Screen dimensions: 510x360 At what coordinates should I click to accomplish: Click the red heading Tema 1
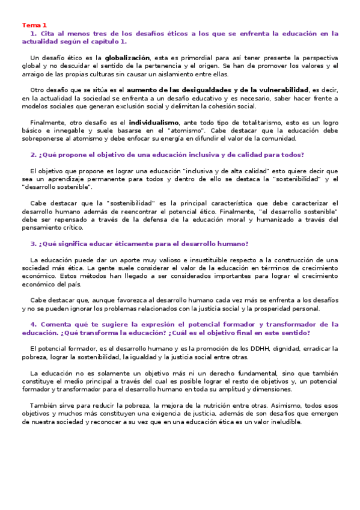34,25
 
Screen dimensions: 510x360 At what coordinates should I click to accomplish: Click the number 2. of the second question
33,154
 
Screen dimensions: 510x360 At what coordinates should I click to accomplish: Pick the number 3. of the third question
33,244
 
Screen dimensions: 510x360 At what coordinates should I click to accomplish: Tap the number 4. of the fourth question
33,324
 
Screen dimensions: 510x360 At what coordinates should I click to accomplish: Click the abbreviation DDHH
254,348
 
